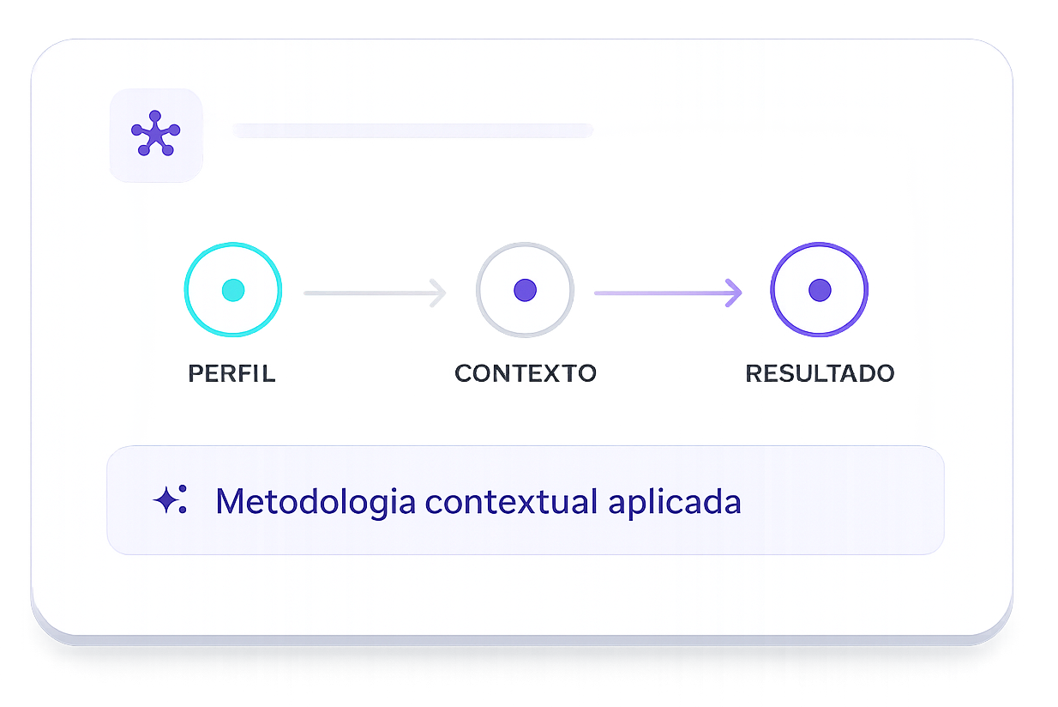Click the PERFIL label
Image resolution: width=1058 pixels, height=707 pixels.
pos(231,374)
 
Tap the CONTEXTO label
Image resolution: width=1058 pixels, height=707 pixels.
pos(525,374)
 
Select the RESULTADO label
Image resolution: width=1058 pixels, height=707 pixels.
pos(820,374)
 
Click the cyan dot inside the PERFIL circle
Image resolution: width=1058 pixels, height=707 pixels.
pos(232,290)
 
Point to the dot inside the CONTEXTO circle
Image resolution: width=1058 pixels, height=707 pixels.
pos(525,290)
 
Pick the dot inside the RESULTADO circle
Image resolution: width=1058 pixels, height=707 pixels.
pos(820,290)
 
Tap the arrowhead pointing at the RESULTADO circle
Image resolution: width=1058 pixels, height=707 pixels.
pos(734,293)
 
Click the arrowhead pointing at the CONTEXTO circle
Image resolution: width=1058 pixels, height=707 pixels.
pos(439,293)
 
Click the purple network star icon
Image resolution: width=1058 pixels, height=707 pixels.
pos(155,135)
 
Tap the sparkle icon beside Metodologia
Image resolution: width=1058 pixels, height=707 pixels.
pos(169,500)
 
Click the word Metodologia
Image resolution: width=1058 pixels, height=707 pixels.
pos(315,501)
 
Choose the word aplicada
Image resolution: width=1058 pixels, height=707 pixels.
pos(675,501)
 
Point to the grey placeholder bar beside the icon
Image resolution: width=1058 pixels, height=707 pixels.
pos(412,130)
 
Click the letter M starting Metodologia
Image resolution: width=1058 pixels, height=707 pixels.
pos(230,501)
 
